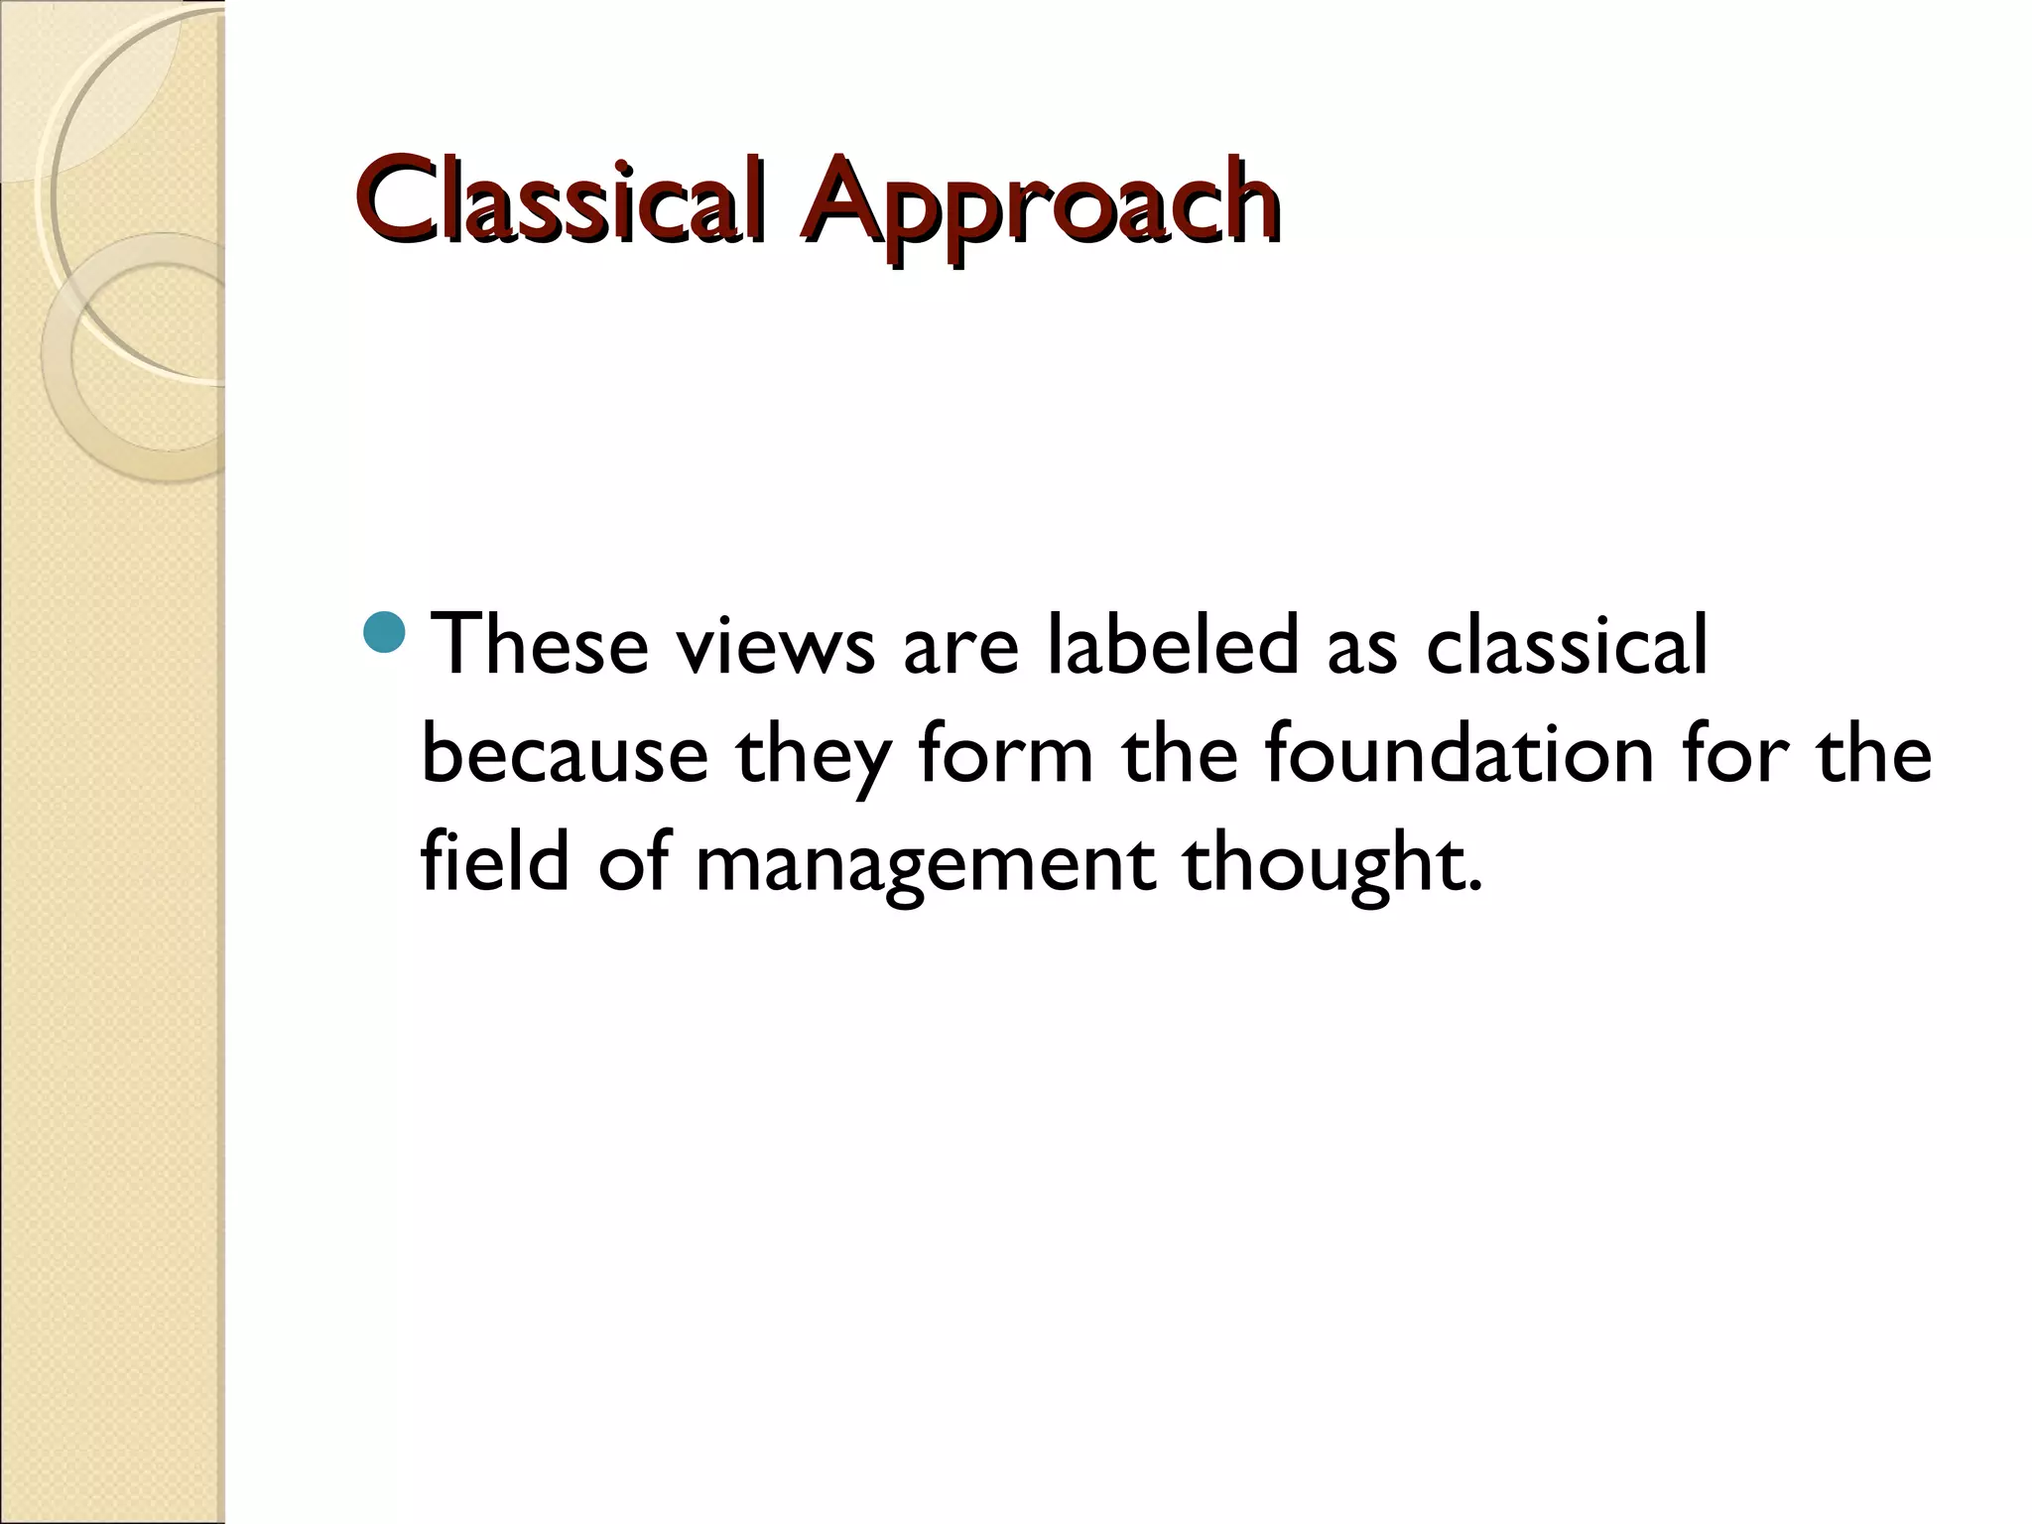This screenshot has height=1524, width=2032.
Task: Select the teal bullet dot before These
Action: coord(384,634)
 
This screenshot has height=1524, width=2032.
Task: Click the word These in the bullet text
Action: coord(541,645)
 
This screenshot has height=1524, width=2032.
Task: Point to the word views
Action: coord(775,645)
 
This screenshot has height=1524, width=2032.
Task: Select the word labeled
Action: coord(1172,645)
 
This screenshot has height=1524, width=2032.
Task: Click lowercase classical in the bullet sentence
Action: coord(1567,645)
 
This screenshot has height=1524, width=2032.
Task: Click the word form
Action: coord(1005,754)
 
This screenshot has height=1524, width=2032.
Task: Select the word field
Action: coord(495,860)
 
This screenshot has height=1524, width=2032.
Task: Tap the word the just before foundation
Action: coord(1180,754)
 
